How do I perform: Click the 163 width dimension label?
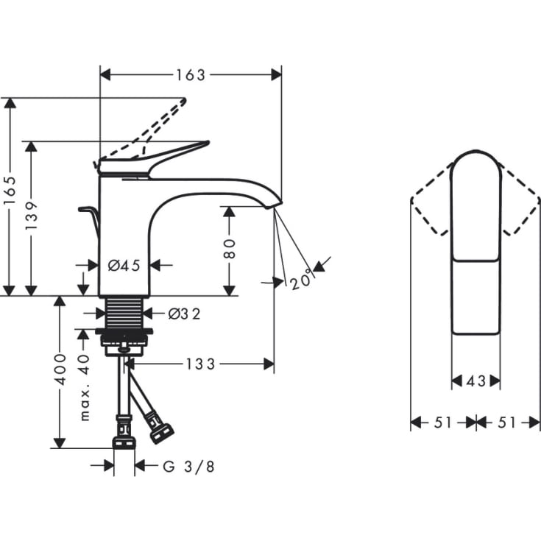(x=191, y=75)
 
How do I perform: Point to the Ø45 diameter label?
(x=124, y=266)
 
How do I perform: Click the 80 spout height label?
(x=229, y=248)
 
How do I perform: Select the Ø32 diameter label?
(x=184, y=314)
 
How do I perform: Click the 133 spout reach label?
(x=200, y=364)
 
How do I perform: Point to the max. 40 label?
(x=84, y=387)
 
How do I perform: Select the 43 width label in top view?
(x=476, y=381)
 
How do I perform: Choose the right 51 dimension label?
(x=509, y=422)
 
